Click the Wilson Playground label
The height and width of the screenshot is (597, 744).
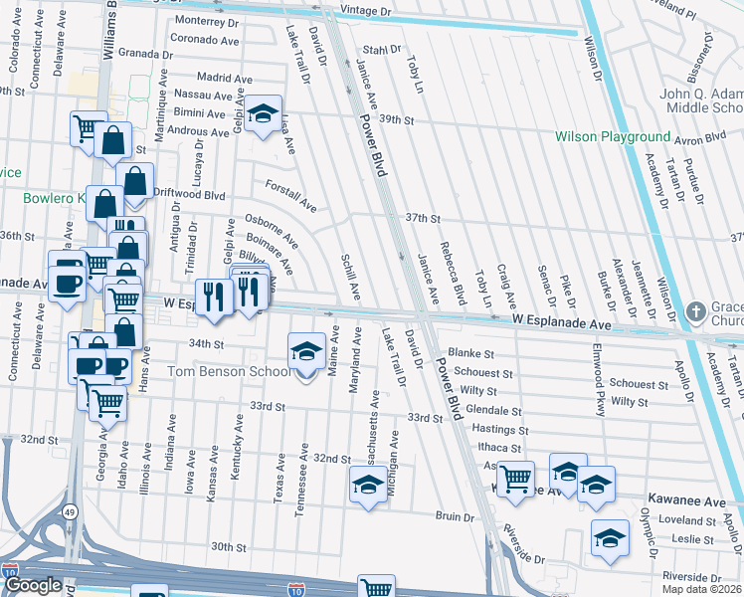point(613,136)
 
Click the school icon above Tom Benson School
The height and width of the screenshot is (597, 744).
point(307,350)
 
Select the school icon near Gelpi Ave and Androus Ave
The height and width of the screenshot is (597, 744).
point(264,114)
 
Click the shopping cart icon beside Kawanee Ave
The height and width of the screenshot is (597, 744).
point(515,480)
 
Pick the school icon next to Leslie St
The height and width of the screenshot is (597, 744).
point(610,538)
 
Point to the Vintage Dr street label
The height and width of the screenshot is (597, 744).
point(366,10)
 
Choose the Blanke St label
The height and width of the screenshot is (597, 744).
point(471,352)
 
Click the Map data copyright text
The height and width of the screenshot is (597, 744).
point(702,589)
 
